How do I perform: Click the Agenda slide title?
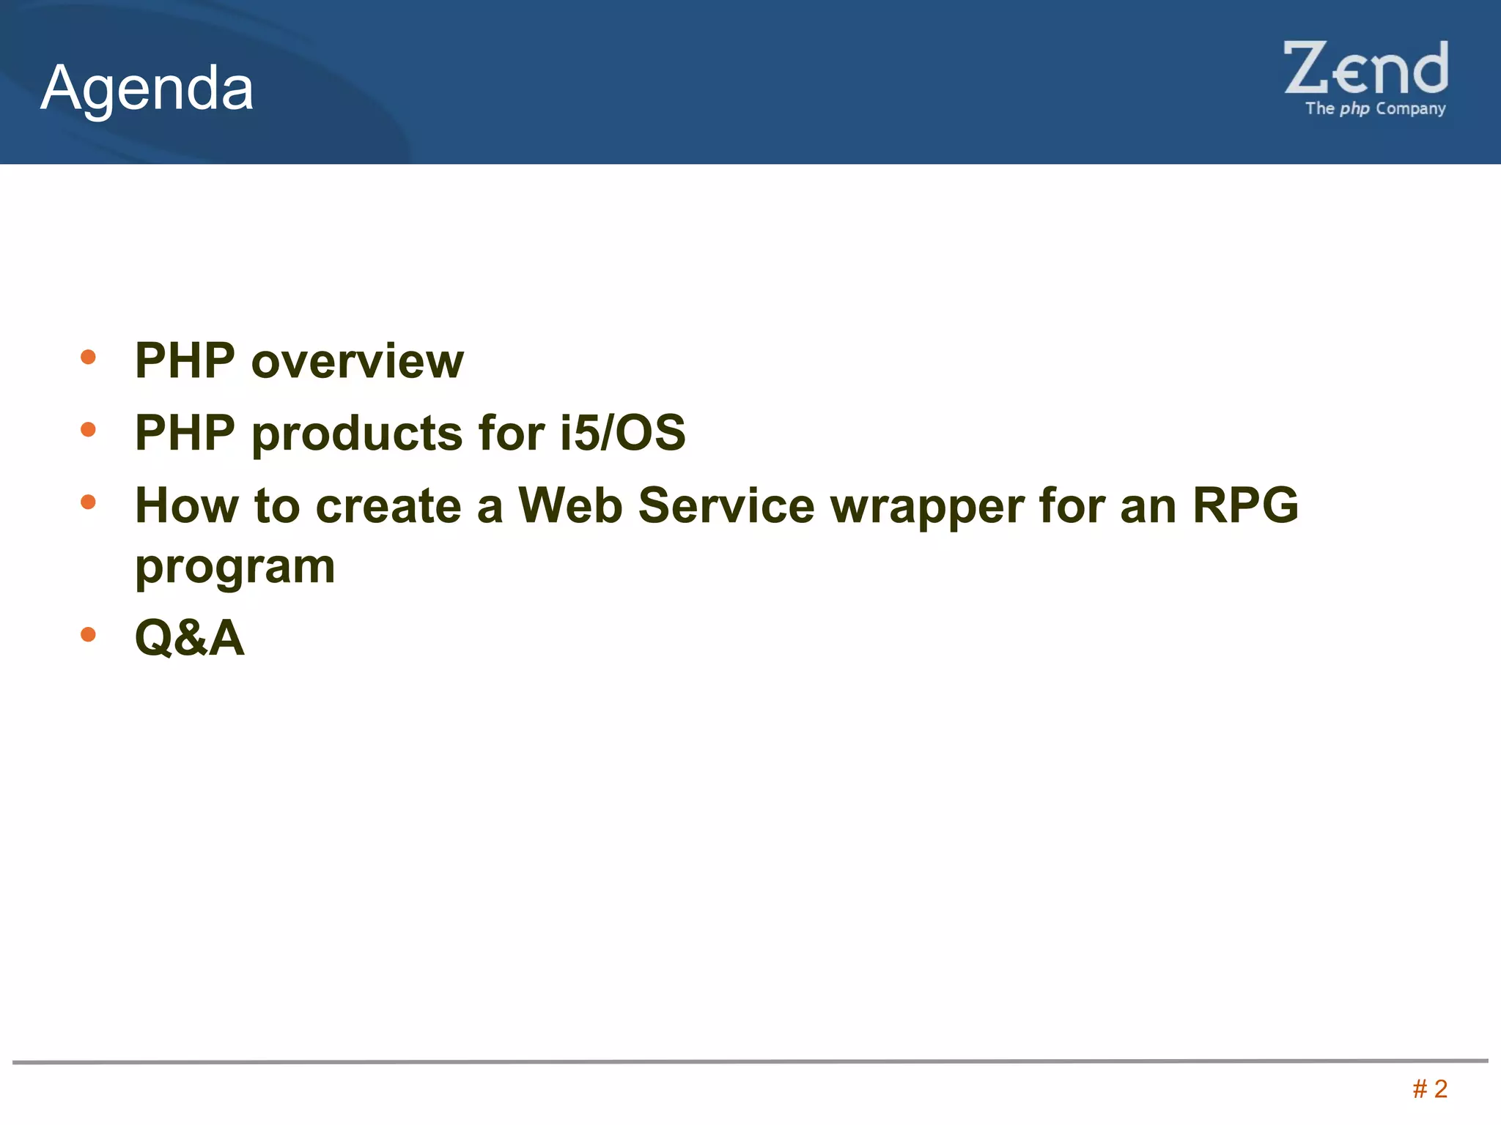(x=147, y=88)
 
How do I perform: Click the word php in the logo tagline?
(x=1354, y=109)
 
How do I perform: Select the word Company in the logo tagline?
(x=1410, y=109)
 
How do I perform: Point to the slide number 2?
(x=1440, y=1089)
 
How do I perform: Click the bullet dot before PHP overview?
(x=89, y=357)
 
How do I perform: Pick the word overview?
(x=358, y=361)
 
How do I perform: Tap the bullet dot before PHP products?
(x=89, y=430)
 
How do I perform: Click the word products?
(x=357, y=434)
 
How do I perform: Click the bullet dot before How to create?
(x=89, y=502)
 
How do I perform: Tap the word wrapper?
(x=927, y=507)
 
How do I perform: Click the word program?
(x=235, y=568)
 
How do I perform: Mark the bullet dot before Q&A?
(x=89, y=634)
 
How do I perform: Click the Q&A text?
(x=190, y=638)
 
